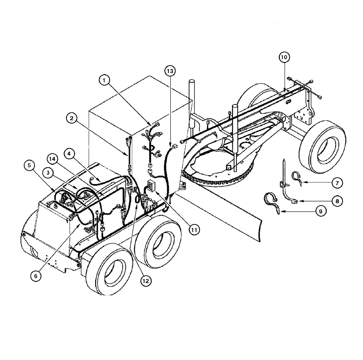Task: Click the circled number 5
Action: (x=30, y=165)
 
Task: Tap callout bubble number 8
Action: (x=337, y=200)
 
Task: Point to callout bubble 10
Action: (x=284, y=57)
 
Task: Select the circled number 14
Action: (x=52, y=158)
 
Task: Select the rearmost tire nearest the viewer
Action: (x=108, y=273)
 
